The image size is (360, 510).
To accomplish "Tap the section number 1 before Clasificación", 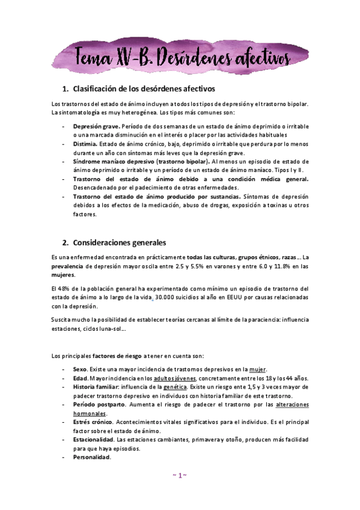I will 64,89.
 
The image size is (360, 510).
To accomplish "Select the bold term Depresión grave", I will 96,127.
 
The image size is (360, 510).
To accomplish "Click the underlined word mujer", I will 257,369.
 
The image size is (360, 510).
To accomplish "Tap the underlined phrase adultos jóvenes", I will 173,378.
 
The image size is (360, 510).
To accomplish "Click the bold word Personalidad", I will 92,458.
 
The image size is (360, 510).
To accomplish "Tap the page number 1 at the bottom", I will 180,475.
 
